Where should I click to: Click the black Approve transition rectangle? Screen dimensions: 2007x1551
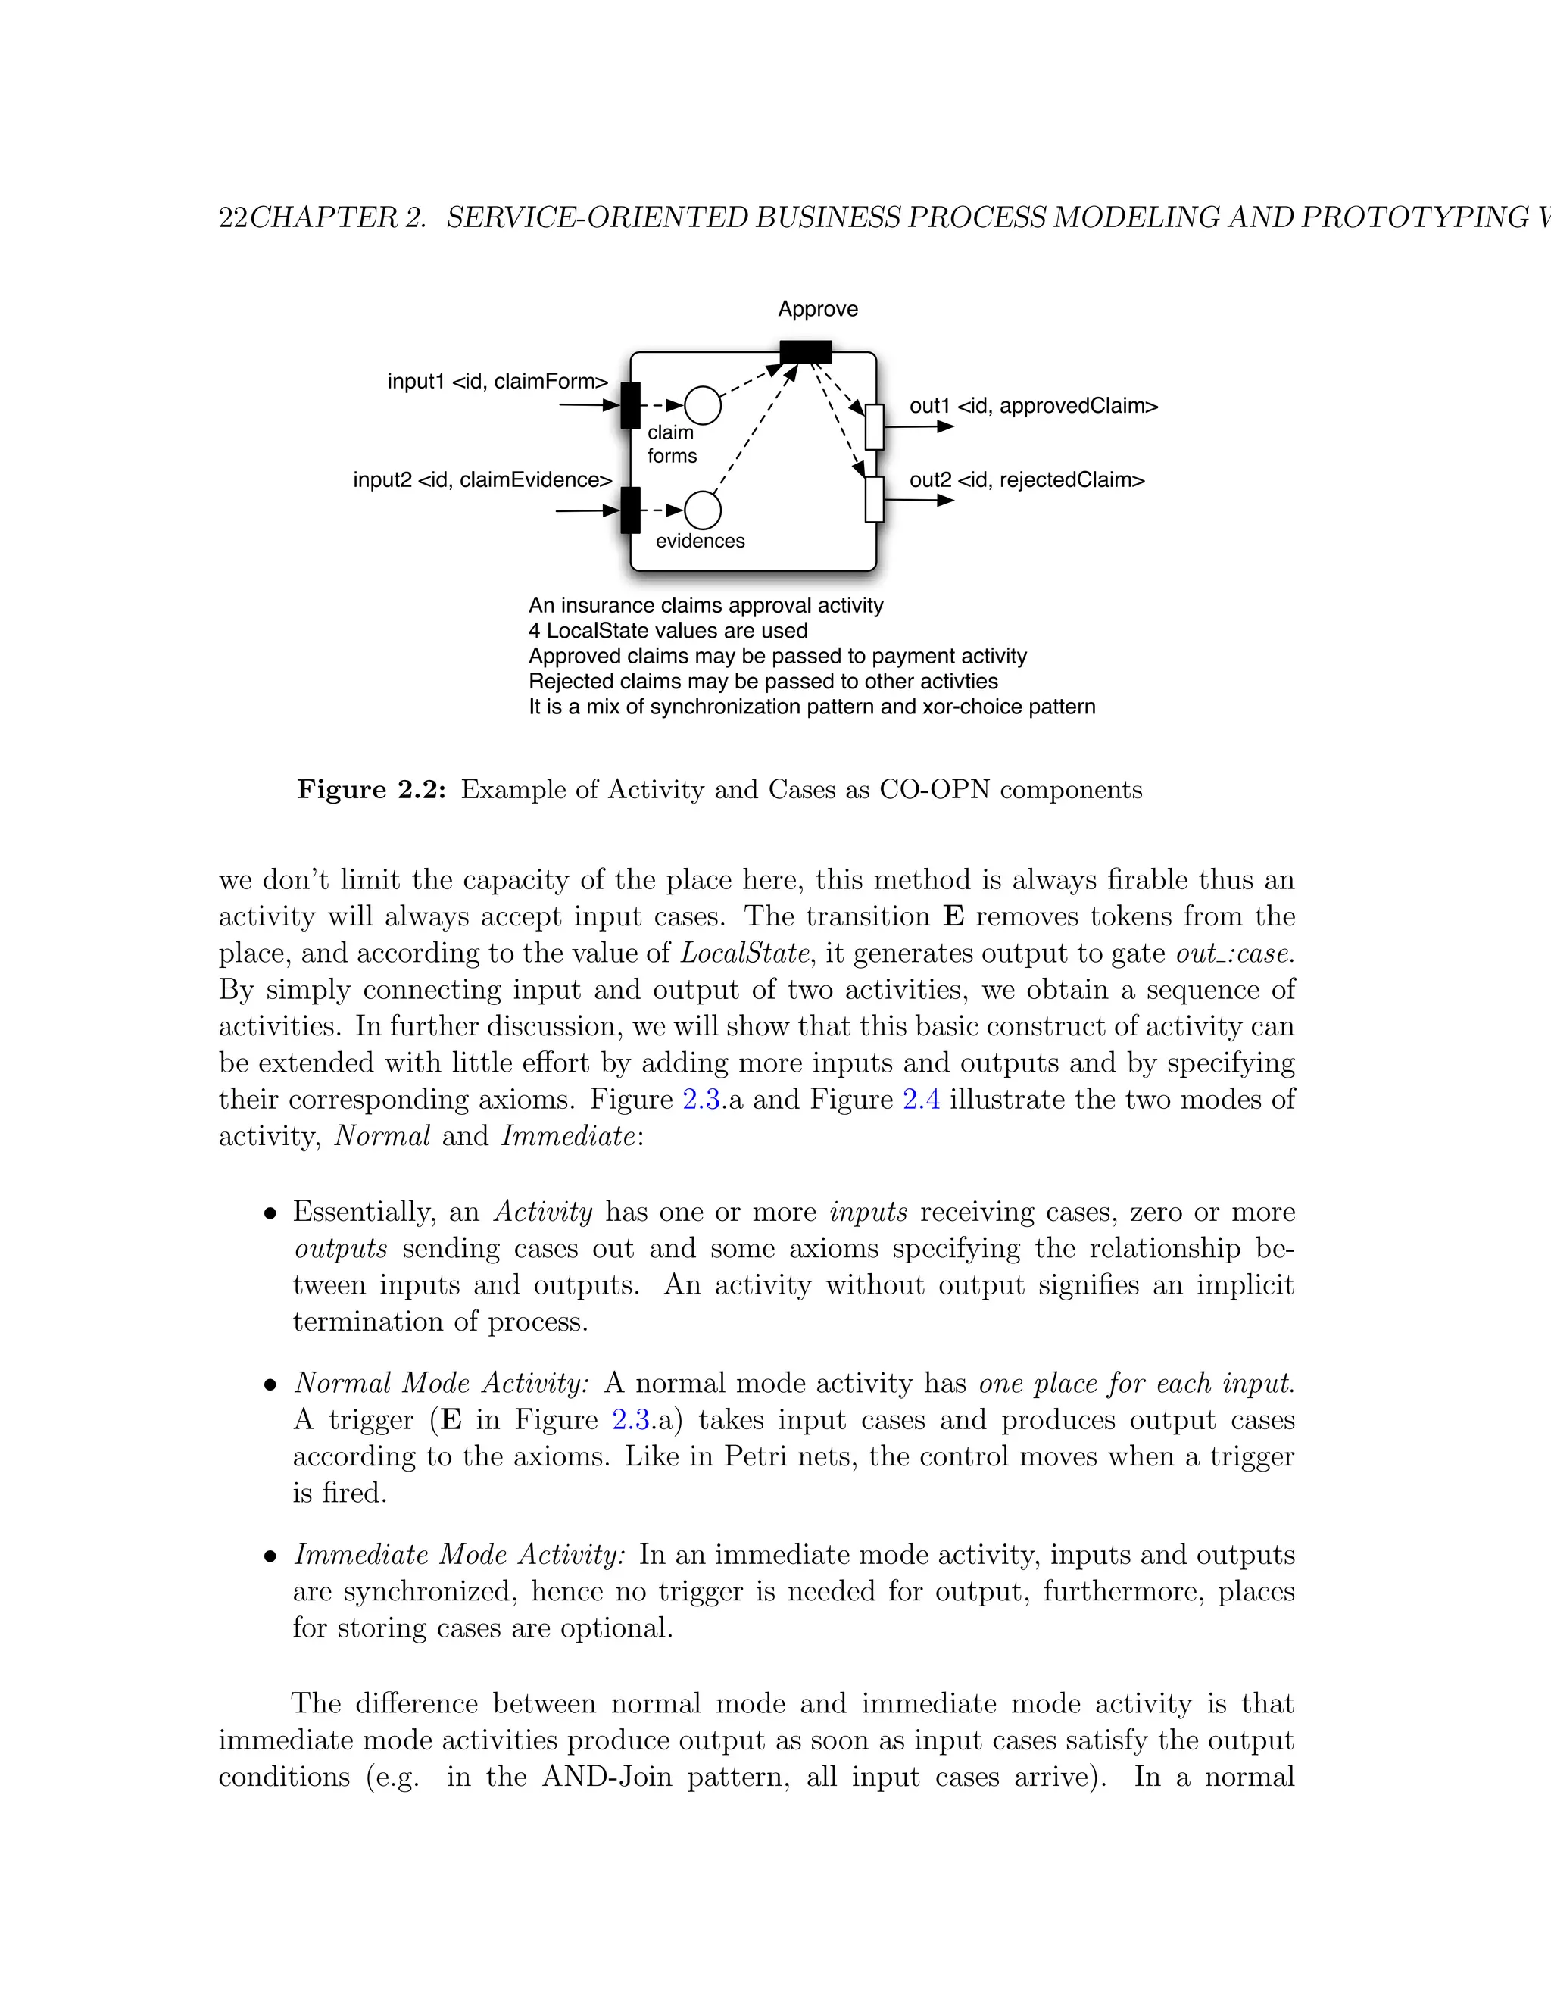tap(805, 352)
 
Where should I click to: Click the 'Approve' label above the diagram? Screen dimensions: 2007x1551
tap(817, 309)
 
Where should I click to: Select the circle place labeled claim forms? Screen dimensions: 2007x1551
tap(703, 405)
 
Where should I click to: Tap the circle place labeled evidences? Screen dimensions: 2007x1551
tap(703, 509)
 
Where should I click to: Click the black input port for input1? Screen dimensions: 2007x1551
tap(630, 405)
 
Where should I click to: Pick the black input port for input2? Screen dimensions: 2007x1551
tap(630, 510)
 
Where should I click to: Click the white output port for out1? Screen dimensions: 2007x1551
tap(875, 427)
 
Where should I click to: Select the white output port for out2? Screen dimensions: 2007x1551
tap(875, 499)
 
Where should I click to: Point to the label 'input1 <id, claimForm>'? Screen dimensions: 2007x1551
tap(497, 382)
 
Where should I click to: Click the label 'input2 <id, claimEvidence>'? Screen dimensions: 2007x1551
tap(482, 479)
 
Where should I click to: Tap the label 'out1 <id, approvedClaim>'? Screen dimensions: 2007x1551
tap(1033, 406)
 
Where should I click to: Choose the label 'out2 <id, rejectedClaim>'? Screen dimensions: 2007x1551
tap(1026, 479)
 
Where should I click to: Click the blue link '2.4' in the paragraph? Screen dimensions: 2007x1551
tap(921, 1099)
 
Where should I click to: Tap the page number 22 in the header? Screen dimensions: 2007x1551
tap(232, 218)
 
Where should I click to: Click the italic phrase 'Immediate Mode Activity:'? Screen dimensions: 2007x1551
tap(460, 1555)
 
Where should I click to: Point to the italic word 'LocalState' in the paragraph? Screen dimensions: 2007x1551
tap(745, 953)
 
